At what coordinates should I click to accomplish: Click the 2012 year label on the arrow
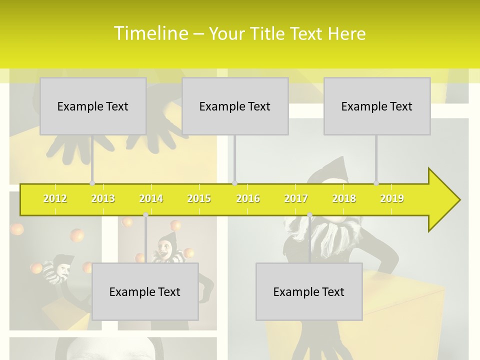pyautogui.click(x=55, y=198)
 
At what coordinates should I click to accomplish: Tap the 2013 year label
pyautogui.click(x=103, y=198)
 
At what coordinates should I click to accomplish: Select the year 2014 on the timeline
pyautogui.click(x=151, y=198)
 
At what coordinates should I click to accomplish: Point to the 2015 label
pyautogui.click(x=199, y=198)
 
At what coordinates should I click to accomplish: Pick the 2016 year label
pyautogui.click(x=248, y=198)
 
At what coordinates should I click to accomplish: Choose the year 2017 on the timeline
pyautogui.click(x=296, y=198)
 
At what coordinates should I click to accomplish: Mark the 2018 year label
pyautogui.click(x=344, y=198)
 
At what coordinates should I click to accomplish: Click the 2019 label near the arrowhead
pyautogui.click(x=392, y=198)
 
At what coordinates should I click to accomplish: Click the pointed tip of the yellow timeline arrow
pyautogui.click(x=458, y=199)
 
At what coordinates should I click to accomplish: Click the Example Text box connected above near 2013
pyautogui.click(x=93, y=106)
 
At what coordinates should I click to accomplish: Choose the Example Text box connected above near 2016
pyautogui.click(x=235, y=106)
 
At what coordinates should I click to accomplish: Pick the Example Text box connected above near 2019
pyautogui.click(x=377, y=106)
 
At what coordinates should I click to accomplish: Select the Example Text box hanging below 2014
pyautogui.click(x=145, y=291)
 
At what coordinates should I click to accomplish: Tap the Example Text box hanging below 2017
pyautogui.click(x=309, y=291)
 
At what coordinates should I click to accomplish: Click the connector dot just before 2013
pyautogui.click(x=92, y=183)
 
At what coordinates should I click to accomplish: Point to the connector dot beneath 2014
pyautogui.click(x=145, y=214)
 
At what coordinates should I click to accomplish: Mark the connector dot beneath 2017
pyautogui.click(x=309, y=214)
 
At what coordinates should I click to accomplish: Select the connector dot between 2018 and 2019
pyautogui.click(x=376, y=183)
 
